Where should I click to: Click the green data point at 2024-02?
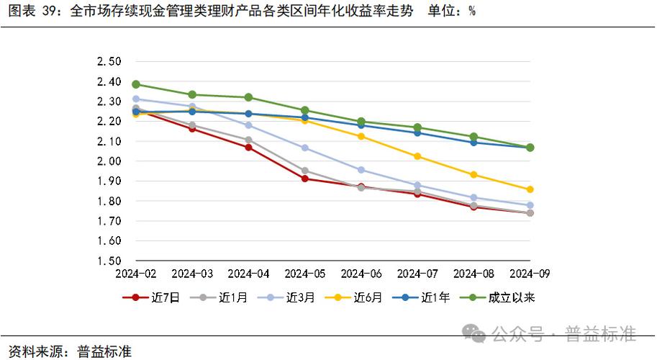[x=136, y=84]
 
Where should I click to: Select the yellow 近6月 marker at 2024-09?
[x=530, y=189]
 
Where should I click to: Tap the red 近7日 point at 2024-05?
[x=304, y=179]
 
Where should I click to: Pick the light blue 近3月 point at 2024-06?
[x=361, y=170]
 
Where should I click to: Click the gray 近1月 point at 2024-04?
[x=248, y=140]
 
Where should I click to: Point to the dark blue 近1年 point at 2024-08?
[x=474, y=143]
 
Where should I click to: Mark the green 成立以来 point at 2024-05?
[x=304, y=110]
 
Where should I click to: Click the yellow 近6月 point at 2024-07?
[x=417, y=156]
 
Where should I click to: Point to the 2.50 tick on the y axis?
[x=108, y=62]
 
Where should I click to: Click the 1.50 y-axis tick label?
[x=108, y=261]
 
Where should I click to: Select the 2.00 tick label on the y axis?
[x=108, y=162]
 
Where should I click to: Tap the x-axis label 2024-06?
[x=361, y=274]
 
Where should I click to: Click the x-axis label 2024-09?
[x=530, y=274]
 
